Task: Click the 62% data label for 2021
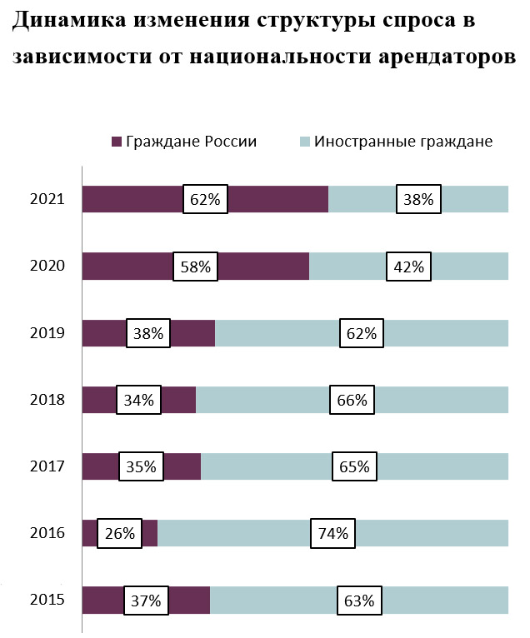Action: [205, 200]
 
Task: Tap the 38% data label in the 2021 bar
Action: [418, 200]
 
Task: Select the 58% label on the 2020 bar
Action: [195, 267]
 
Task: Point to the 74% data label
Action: [332, 533]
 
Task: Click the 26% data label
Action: [119, 533]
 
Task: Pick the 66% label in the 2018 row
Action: [352, 400]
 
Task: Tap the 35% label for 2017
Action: [141, 466]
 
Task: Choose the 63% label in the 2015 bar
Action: [359, 600]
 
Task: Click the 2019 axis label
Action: [47, 333]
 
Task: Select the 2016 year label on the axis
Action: [47, 533]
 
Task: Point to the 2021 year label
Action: [47, 200]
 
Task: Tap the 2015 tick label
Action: [47, 600]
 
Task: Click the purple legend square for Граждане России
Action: [117, 142]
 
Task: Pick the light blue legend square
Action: [305, 142]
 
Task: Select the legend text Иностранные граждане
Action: [403, 142]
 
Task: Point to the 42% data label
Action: [409, 267]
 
